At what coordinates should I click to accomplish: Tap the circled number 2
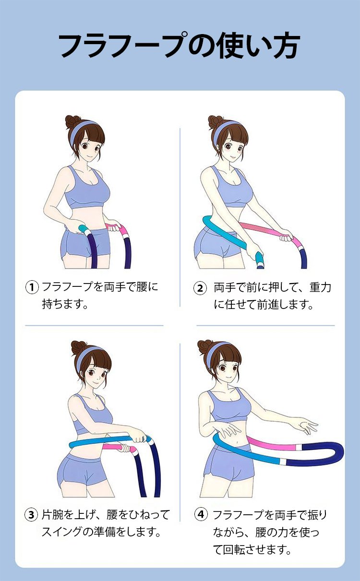[x=200, y=288]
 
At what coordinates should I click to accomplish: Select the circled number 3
[x=31, y=515]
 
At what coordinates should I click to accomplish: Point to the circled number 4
[x=201, y=514]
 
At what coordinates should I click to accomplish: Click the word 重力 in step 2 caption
[x=321, y=287]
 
